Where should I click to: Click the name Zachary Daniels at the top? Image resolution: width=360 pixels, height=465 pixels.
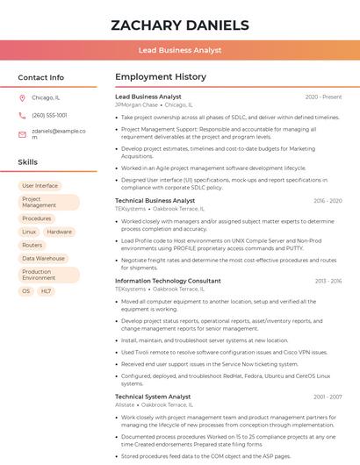[180, 25]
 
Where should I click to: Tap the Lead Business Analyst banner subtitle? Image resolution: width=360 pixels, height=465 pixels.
[180, 51]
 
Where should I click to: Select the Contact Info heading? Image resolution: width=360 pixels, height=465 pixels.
[41, 77]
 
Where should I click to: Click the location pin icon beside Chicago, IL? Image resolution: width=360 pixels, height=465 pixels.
[22, 98]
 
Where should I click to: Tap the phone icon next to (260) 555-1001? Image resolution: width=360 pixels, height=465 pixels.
[22, 115]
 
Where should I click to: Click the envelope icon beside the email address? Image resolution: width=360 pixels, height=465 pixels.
[22, 134]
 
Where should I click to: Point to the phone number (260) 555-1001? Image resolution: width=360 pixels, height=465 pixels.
[49, 115]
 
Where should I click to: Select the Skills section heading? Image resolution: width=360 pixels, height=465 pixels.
[28, 162]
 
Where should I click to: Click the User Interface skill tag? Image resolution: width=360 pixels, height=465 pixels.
[40, 186]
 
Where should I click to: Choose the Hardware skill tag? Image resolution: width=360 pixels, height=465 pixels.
[60, 232]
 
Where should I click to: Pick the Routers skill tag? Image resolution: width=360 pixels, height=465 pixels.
[32, 245]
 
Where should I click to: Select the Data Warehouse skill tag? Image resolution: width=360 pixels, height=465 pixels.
[44, 259]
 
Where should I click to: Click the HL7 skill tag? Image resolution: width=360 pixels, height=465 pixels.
[46, 291]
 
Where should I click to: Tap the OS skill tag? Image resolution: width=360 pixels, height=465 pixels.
[25, 291]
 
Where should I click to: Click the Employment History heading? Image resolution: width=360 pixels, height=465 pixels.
[161, 77]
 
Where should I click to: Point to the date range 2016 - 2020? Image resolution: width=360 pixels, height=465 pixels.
[328, 201]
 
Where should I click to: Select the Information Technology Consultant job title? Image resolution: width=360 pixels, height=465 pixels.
[168, 281]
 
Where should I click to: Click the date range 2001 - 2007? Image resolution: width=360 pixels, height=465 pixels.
[328, 397]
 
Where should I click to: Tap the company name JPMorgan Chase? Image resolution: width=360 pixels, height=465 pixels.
[136, 104]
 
